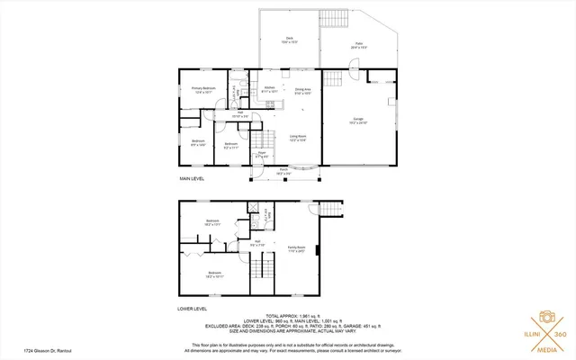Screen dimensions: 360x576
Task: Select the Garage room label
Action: [x=357, y=119]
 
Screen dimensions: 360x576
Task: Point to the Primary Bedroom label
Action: [x=202, y=89]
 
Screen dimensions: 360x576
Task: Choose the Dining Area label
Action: [x=302, y=91]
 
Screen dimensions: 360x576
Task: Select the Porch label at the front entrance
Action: [x=283, y=171]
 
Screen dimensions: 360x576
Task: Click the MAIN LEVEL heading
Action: [x=191, y=179]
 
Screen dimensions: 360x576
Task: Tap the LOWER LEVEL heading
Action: [x=193, y=309]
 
